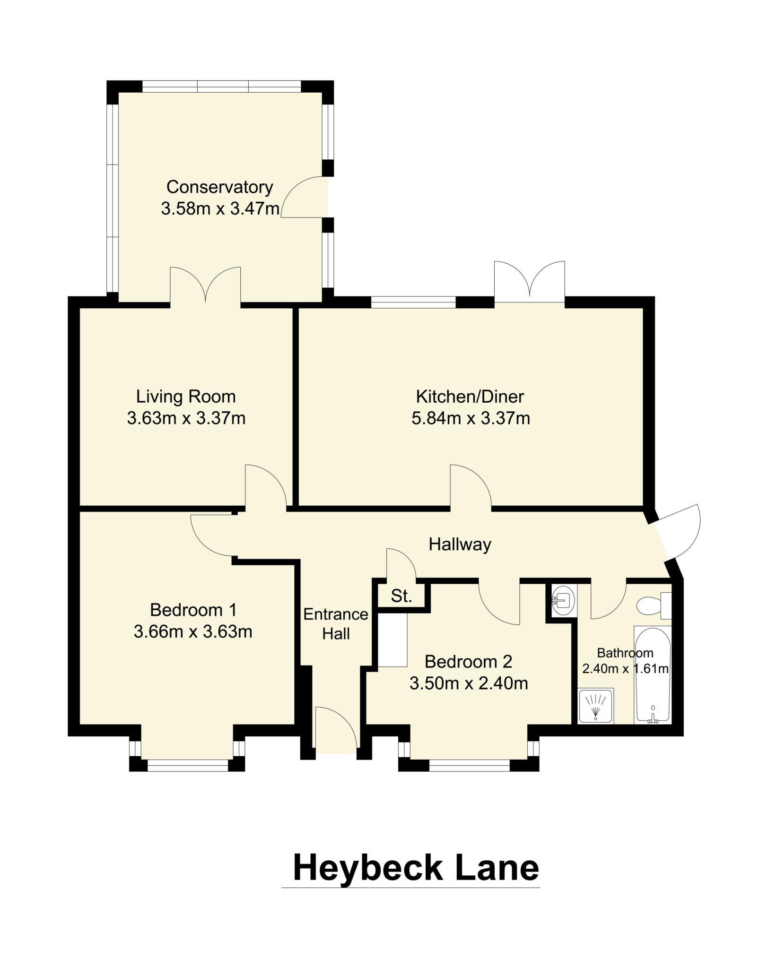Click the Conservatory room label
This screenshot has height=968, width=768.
pos(219,187)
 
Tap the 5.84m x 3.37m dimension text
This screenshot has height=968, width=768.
pos(471,418)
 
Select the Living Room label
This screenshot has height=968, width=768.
pos(186,397)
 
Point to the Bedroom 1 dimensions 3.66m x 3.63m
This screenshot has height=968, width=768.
pos(193,631)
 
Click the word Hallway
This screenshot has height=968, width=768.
pos(460,544)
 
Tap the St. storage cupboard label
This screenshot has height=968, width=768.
pos(401,596)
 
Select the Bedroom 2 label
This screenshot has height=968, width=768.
pos(468,662)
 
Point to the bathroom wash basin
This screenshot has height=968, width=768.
pos(563,601)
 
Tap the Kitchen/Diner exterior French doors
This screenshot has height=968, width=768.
pos(529,282)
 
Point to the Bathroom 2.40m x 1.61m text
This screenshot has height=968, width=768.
pos(625,661)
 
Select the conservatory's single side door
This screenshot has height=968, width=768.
pos(305,198)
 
